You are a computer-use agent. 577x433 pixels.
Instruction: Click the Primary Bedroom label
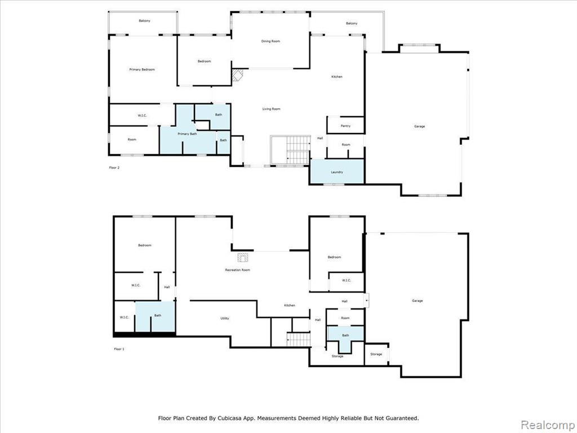click(142, 69)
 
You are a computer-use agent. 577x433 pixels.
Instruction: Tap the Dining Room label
click(270, 41)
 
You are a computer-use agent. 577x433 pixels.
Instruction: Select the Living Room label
click(271, 109)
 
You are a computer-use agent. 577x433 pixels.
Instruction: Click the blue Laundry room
click(337, 171)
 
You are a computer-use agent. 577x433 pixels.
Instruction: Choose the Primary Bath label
click(187, 134)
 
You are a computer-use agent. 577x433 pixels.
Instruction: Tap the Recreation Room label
click(238, 270)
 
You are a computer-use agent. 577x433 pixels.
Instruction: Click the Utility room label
click(225, 318)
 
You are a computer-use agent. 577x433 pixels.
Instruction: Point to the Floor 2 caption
click(114, 167)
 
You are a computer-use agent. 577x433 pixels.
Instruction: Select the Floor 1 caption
click(119, 348)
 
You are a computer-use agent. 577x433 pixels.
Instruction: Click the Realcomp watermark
click(547, 425)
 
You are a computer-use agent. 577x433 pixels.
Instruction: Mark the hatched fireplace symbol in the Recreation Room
click(243, 257)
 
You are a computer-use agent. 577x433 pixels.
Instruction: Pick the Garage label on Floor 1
click(418, 301)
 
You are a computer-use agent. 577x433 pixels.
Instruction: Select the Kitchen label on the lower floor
click(290, 305)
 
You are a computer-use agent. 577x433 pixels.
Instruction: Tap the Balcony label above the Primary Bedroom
click(145, 21)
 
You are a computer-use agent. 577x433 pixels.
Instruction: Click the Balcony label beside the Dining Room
click(352, 23)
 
